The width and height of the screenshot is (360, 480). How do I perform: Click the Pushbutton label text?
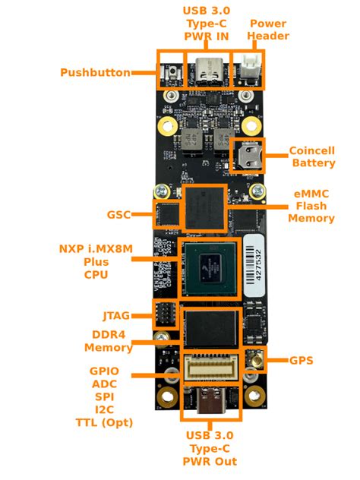click(95, 73)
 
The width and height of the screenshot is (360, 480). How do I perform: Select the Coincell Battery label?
click(312, 157)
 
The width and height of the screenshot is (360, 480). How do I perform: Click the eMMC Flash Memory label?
click(311, 206)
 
